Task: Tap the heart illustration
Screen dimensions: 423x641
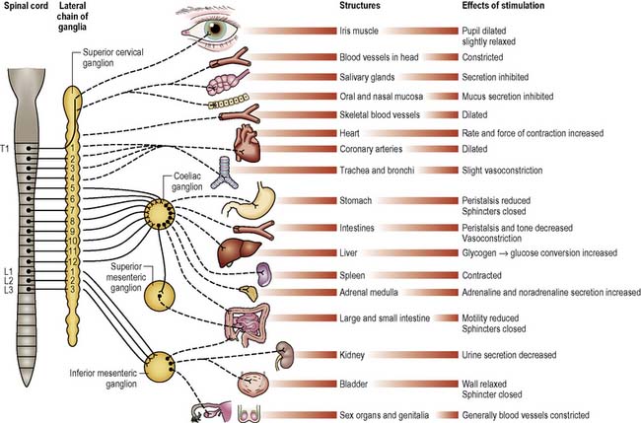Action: tap(245, 140)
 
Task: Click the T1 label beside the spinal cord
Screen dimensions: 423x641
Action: tap(8, 148)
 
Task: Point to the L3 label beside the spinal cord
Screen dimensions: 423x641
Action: tap(8, 289)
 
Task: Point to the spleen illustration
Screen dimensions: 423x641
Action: tap(264, 274)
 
